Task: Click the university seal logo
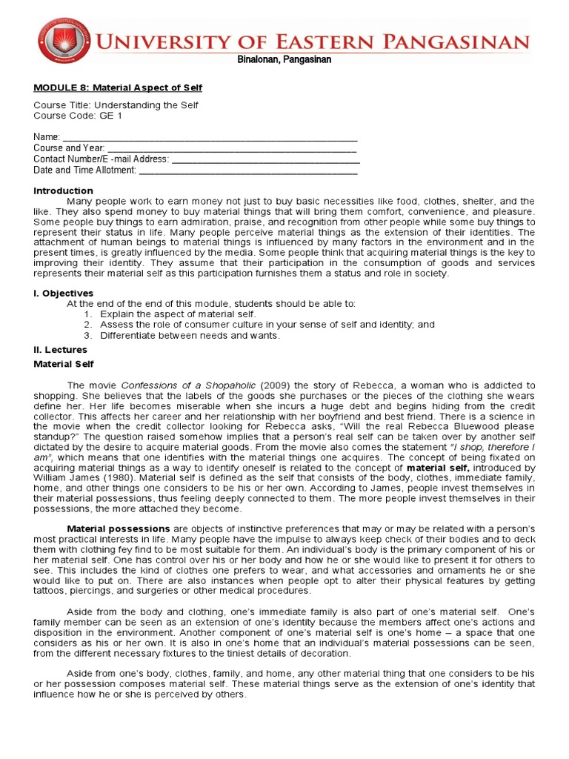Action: [67, 41]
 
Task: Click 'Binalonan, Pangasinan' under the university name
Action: [284, 60]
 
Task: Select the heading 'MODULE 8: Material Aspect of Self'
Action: [118, 87]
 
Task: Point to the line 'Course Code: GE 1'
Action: [79, 116]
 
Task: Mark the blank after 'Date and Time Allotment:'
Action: [248, 170]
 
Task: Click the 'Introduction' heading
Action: [63, 190]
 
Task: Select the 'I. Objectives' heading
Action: [64, 294]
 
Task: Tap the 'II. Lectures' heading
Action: [60, 350]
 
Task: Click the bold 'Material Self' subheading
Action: [64, 364]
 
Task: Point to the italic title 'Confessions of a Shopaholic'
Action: [189, 385]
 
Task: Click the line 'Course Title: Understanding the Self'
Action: [116, 105]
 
